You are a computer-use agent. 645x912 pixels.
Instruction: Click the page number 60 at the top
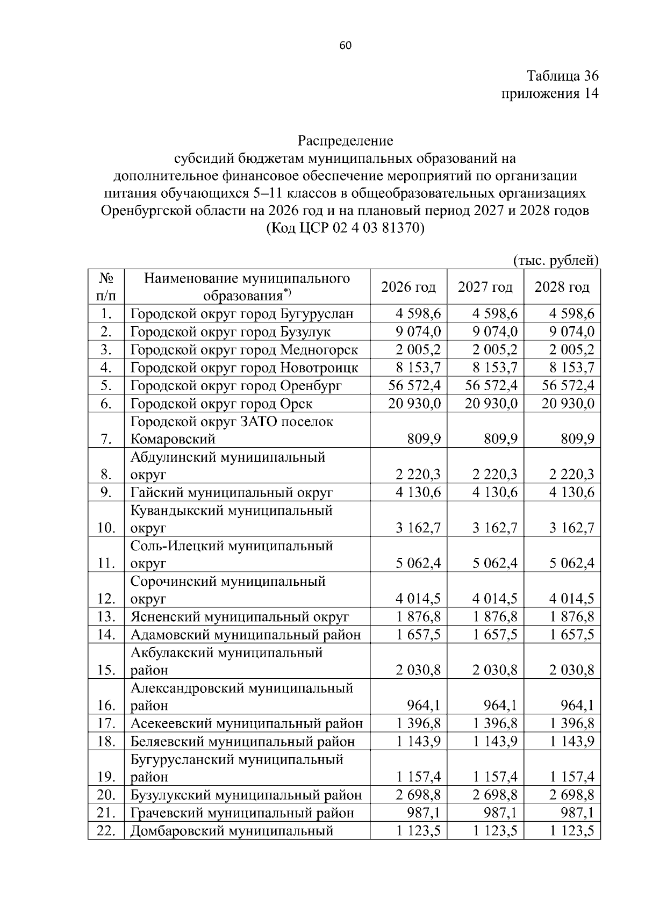point(346,46)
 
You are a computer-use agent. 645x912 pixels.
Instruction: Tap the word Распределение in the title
point(346,141)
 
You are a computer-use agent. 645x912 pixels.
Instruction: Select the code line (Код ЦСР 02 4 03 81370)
point(346,228)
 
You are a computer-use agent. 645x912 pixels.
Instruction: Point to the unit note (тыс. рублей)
point(556,261)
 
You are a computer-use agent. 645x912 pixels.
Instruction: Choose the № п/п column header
point(106,287)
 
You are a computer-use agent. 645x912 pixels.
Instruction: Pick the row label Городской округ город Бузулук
point(231,332)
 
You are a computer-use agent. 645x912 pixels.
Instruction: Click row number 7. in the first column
point(106,439)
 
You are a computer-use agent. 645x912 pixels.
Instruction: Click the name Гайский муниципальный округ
point(232,492)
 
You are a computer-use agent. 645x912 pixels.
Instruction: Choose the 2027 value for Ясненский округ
point(495,616)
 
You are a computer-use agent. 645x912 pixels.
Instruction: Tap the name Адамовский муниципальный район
point(246,635)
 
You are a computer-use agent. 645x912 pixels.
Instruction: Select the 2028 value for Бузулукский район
point(572,794)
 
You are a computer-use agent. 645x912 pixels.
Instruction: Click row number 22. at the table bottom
point(106,830)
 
